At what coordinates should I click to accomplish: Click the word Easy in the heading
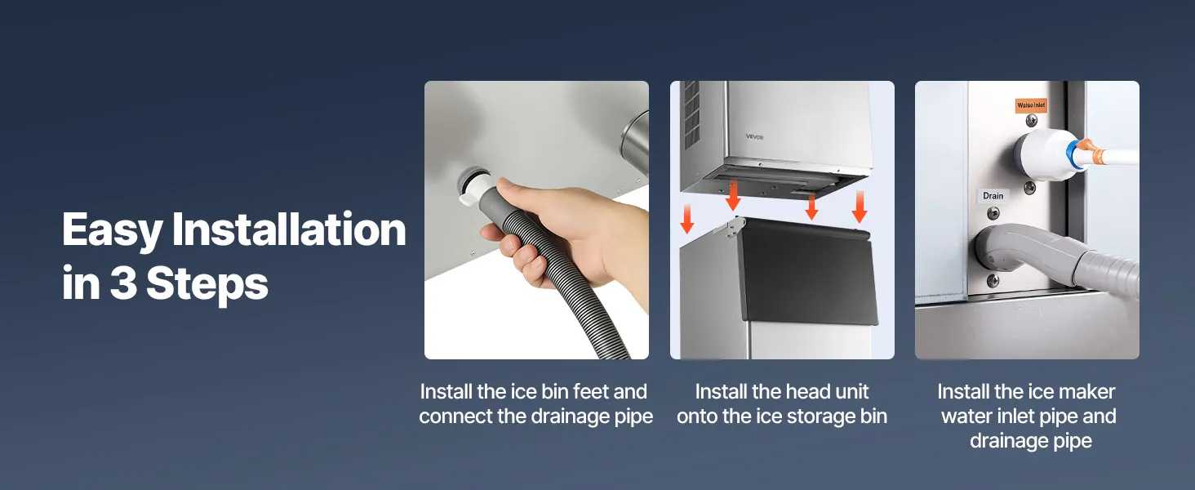click(x=112, y=230)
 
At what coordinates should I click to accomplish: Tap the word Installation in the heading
click(x=289, y=229)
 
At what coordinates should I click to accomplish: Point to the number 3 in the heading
click(x=123, y=283)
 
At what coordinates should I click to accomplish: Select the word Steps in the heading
click(x=207, y=285)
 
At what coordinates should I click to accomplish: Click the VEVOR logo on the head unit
click(x=754, y=137)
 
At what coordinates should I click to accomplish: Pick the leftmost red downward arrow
click(x=687, y=219)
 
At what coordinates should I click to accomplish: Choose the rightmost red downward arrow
click(x=859, y=207)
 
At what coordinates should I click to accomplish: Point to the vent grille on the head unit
click(x=691, y=115)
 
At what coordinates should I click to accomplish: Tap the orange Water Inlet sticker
click(x=1031, y=105)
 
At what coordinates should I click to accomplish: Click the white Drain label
click(x=993, y=196)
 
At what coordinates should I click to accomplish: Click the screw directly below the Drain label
click(x=993, y=213)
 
